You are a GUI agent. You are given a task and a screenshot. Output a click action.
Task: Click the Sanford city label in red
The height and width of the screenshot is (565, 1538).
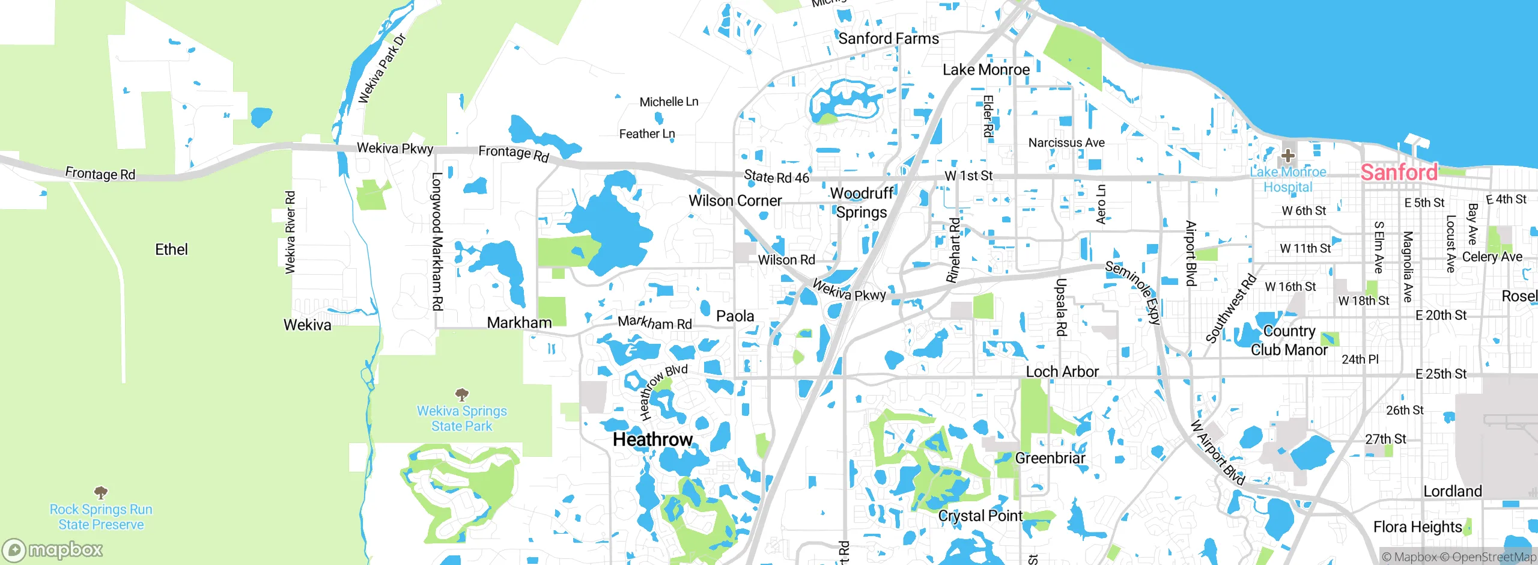point(1399,173)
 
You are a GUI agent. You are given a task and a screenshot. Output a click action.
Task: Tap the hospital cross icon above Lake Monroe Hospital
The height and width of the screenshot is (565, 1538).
point(1287,156)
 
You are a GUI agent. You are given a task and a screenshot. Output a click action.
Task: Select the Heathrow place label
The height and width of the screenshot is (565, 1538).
point(652,439)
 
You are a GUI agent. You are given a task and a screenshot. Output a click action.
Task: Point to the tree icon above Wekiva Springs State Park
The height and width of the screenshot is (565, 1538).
point(461,394)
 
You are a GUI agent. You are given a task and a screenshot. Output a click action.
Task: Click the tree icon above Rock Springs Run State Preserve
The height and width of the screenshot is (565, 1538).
point(101,493)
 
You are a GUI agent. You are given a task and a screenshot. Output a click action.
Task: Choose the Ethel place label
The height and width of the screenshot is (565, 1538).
point(171,249)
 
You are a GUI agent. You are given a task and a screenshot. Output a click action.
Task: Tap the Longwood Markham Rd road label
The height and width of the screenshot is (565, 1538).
point(437,241)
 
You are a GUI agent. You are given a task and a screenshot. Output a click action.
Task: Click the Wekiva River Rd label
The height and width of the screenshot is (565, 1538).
point(290,233)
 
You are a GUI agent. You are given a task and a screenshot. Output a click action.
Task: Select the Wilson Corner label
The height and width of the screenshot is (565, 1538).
point(735,201)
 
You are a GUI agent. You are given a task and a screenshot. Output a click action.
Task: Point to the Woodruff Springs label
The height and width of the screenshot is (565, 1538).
point(862,203)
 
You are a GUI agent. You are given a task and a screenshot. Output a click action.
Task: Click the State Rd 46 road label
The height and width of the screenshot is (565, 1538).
point(776,177)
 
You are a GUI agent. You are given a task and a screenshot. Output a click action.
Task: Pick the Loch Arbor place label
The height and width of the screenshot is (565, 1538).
point(1062,371)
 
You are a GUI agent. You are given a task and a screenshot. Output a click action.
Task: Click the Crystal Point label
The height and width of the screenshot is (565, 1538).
point(980,516)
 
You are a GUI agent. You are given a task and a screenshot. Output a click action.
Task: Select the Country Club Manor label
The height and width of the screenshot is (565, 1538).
point(1289,340)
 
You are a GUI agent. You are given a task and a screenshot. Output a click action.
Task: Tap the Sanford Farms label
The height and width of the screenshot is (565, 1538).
point(888,38)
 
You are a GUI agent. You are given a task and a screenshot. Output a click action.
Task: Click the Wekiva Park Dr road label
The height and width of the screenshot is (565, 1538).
point(382,69)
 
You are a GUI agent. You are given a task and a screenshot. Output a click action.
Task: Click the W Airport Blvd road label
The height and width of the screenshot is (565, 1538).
point(1218,453)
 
